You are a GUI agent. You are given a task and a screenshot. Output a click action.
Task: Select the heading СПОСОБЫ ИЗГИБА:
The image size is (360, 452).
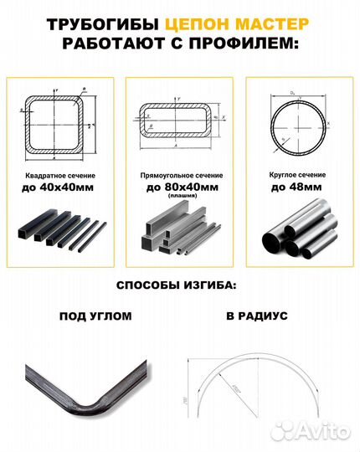[179, 286]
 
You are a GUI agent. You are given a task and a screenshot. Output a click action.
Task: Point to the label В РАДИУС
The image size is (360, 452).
[256, 317]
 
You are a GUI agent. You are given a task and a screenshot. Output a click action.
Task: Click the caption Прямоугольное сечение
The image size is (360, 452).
[179, 176]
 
